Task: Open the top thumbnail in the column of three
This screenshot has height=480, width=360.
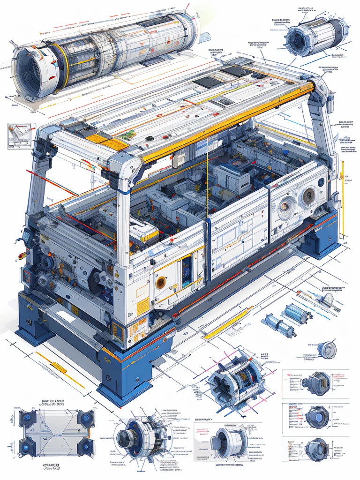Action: click(315, 383)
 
